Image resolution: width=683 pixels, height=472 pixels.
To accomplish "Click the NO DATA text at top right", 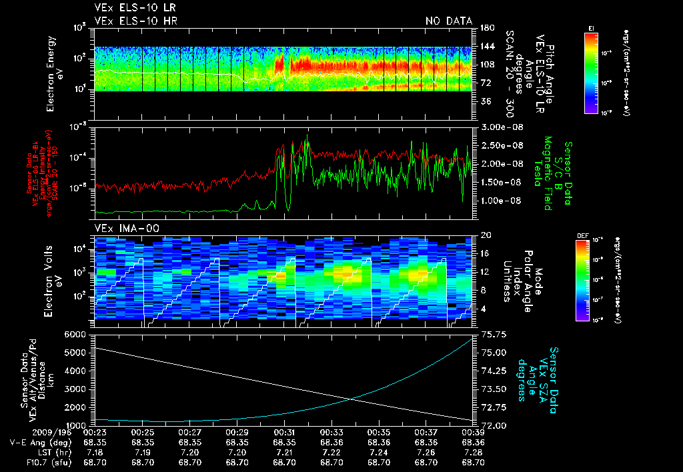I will point(449,21).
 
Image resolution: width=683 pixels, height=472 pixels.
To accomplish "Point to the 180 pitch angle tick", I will point(485,27).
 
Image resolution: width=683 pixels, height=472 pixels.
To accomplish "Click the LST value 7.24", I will point(379,451).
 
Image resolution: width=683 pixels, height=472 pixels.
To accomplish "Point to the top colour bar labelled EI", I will point(591,71).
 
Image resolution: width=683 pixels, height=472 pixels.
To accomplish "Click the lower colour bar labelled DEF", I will point(581,280).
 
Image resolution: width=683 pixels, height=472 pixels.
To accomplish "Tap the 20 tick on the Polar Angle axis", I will point(485,235).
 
